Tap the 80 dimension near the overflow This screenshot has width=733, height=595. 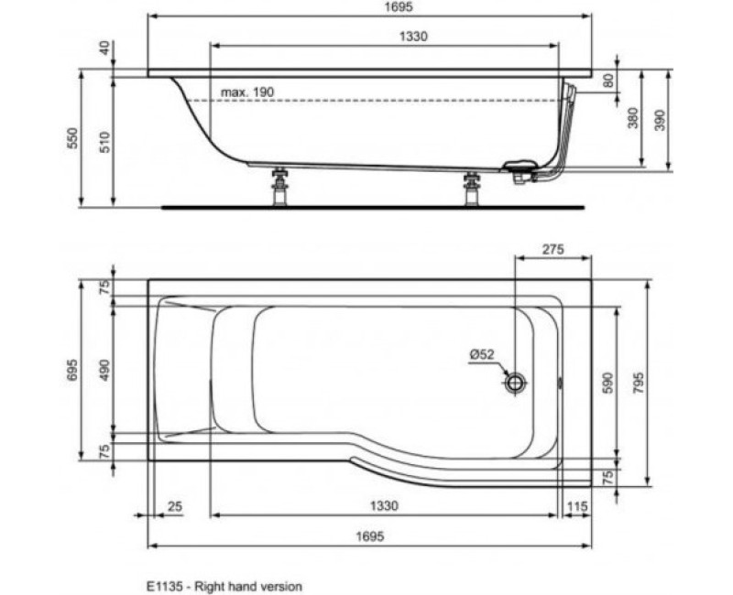point(607,81)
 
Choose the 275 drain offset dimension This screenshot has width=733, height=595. point(551,249)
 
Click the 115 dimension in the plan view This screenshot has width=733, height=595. point(575,506)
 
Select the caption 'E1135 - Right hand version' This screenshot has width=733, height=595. point(224,584)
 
